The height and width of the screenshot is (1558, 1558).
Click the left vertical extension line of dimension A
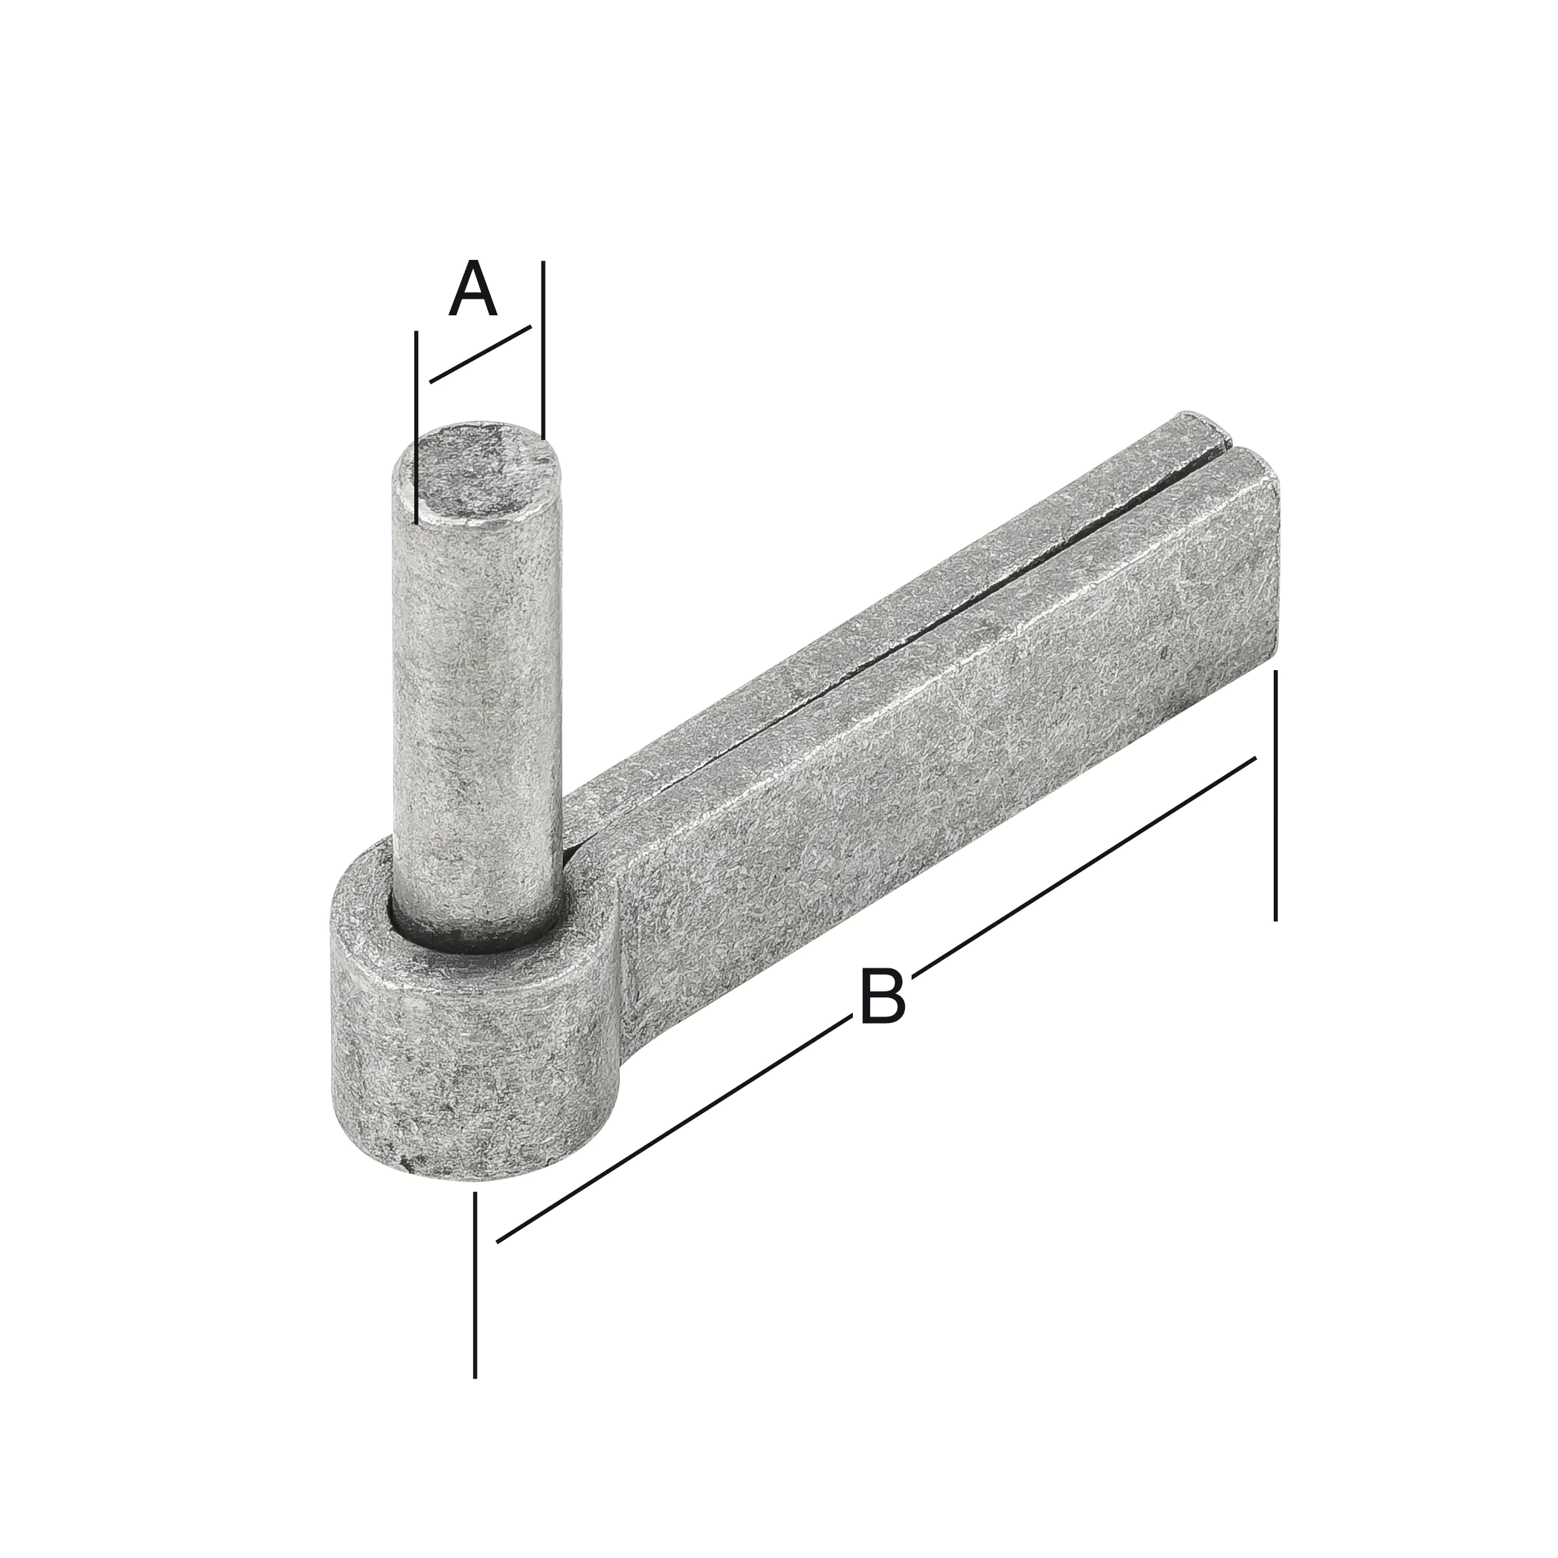(416, 427)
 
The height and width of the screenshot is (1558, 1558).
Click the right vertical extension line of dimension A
(543, 347)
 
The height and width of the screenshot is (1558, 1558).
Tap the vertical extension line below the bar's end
(1275, 807)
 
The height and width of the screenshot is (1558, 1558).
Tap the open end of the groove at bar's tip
(1231, 445)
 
